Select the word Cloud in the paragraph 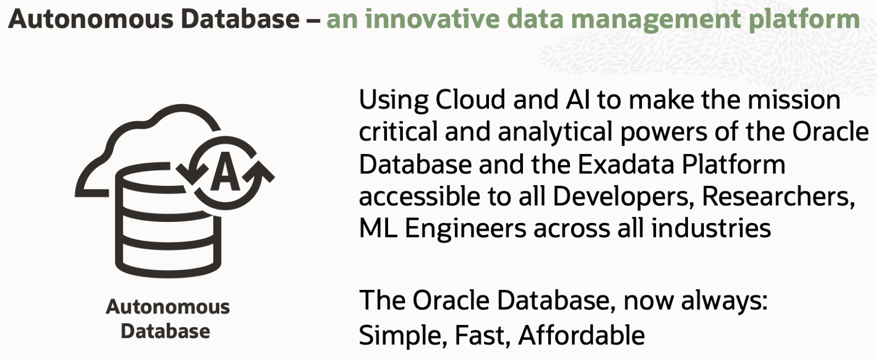(x=470, y=99)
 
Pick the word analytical (x=556, y=133)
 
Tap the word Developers (x=620, y=197)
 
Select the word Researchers (x=778, y=197)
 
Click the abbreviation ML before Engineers (x=378, y=228)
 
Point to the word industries (x=711, y=228)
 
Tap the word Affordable (x=582, y=335)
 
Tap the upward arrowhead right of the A (x=259, y=172)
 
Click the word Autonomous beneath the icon (x=168, y=307)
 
